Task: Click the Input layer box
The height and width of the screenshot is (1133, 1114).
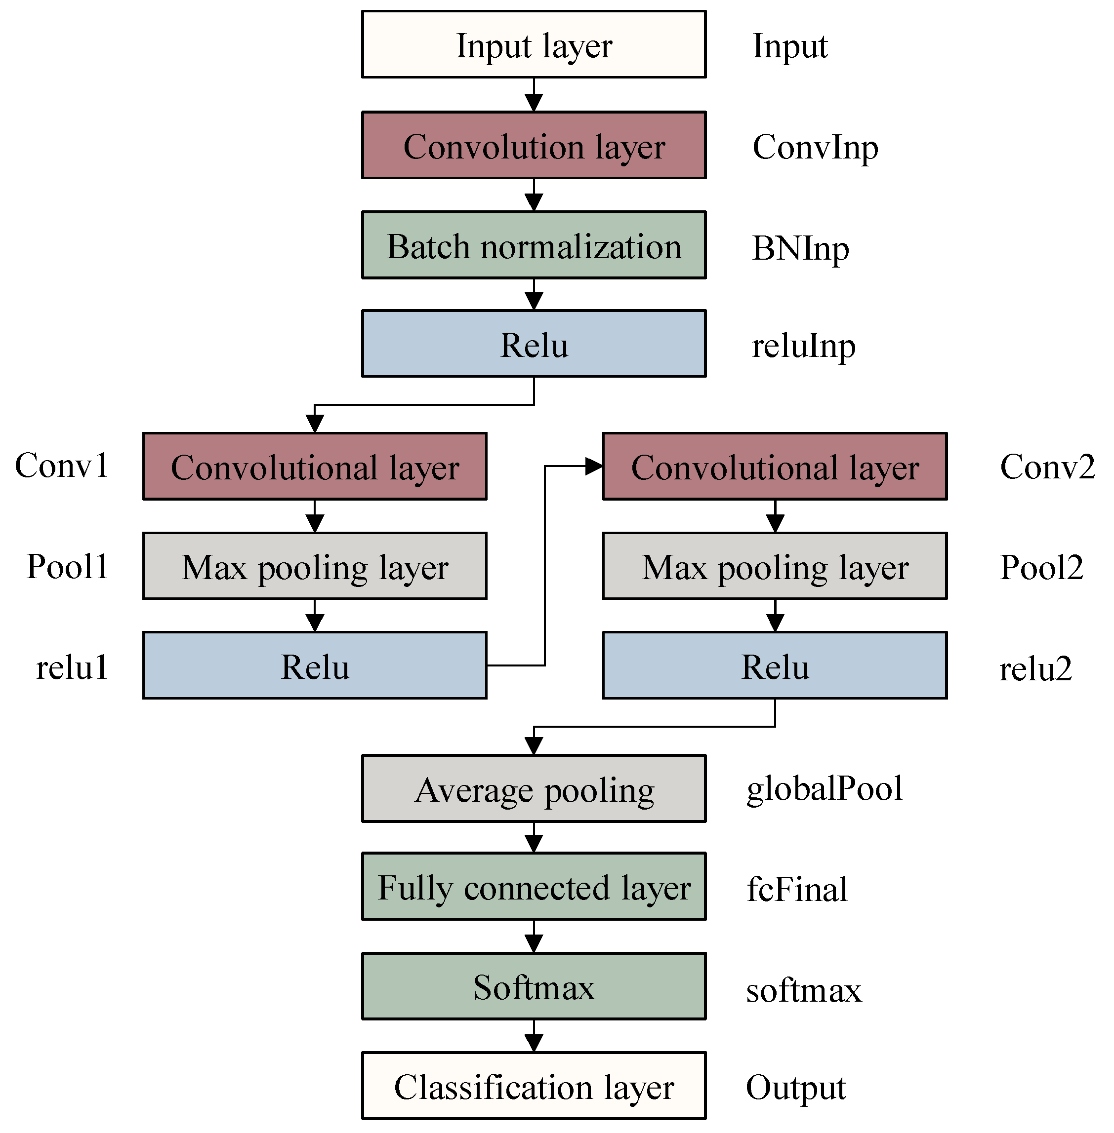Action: pyautogui.click(x=534, y=44)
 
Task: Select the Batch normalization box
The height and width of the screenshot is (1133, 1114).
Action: pyautogui.click(x=534, y=245)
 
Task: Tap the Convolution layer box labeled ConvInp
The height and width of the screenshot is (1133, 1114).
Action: pyautogui.click(x=534, y=145)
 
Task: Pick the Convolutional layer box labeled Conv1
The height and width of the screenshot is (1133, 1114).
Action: pyautogui.click(x=315, y=467)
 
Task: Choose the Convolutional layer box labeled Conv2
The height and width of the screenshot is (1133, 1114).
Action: pyautogui.click(x=775, y=467)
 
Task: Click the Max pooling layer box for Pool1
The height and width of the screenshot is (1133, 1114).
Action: pyautogui.click(x=315, y=566)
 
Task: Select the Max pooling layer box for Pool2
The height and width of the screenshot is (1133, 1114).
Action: pyautogui.click(x=775, y=566)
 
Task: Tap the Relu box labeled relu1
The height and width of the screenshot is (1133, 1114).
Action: pyautogui.click(x=315, y=665)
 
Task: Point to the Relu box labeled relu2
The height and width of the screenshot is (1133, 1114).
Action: pyautogui.click(x=775, y=665)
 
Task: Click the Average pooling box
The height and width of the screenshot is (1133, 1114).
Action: pyautogui.click(x=534, y=789)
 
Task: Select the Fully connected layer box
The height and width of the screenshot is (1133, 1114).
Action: pyautogui.click(x=534, y=886)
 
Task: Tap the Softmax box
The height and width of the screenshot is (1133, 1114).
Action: pyautogui.click(x=534, y=986)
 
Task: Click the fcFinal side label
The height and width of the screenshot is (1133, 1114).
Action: pyautogui.click(x=797, y=889)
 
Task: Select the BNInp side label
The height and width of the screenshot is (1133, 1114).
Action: pyautogui.click(x=800, y=248)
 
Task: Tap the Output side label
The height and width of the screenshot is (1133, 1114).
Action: pyautogui.click(x=796, y=1088)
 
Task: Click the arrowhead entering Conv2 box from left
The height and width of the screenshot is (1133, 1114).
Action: pyautogui.click(x=594, y=466)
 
